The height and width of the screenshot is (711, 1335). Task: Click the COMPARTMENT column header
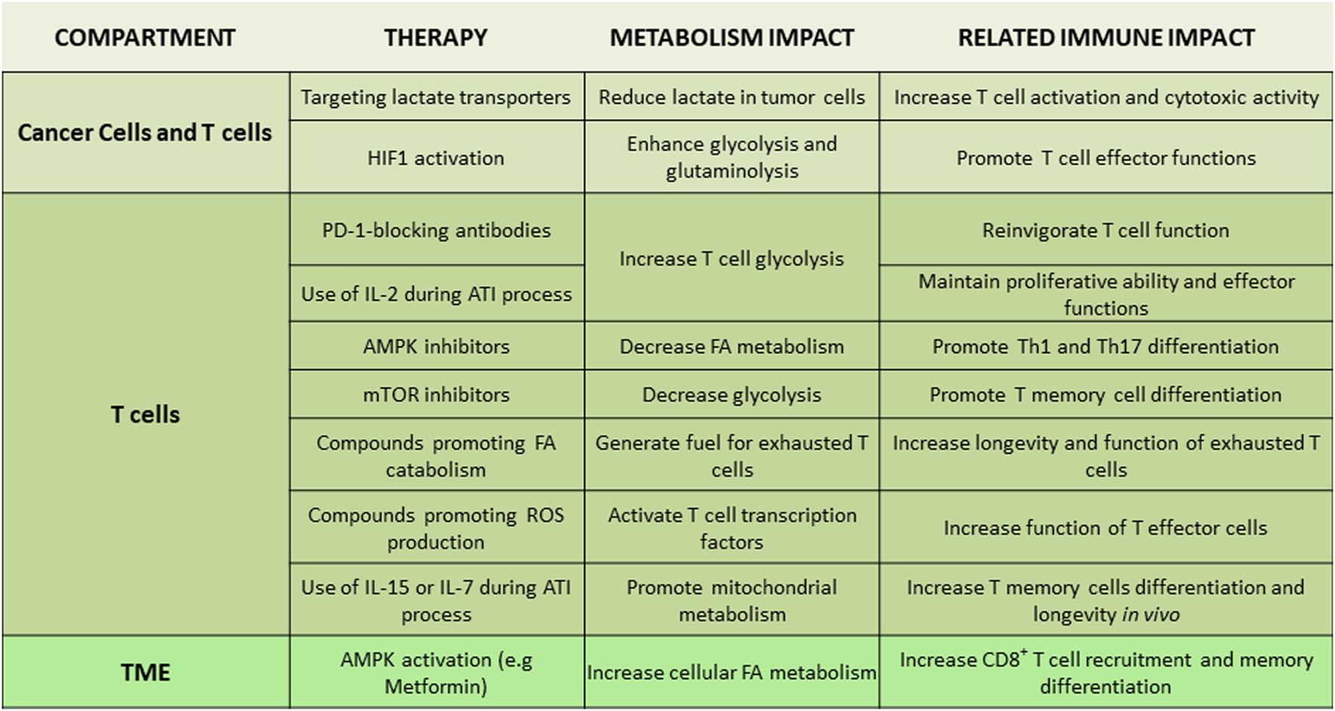[x=145, y=38]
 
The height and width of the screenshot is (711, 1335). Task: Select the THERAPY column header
[x=435, y=38]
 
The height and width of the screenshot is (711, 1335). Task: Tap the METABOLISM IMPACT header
[x=732, y=38]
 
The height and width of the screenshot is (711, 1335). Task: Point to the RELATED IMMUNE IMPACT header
[x=1106, y=38]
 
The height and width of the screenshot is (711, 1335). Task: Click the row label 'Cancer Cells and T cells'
[x=145, y=133]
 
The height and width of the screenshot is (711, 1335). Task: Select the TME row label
[x=145, y=673]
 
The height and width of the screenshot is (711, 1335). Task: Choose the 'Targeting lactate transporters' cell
[x=435, y=97]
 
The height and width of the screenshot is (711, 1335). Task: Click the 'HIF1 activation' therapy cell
[x=435, y=158]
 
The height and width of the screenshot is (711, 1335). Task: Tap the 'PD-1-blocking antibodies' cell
[x=436, y=230]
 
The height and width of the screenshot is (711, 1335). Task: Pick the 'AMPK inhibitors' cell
[x=436, y=347]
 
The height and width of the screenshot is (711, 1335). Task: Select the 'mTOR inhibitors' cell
[x=436, y=394]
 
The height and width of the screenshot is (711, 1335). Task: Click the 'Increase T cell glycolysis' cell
[x=732, y=259]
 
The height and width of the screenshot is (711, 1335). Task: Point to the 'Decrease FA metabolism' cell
[x=732, y=347]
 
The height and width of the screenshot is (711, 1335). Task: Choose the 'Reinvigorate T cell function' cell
[x=1105, y=230]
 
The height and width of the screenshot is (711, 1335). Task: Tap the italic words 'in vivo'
[x=1150, y=614]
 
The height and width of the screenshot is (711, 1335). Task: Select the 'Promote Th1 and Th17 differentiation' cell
[x=1105, y=347]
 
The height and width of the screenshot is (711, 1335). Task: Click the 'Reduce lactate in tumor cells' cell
[x=732, y=97]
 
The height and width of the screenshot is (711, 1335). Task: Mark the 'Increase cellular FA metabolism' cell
[x=732, y=673]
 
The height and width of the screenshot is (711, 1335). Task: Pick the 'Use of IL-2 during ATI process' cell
[x=436, y=294]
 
